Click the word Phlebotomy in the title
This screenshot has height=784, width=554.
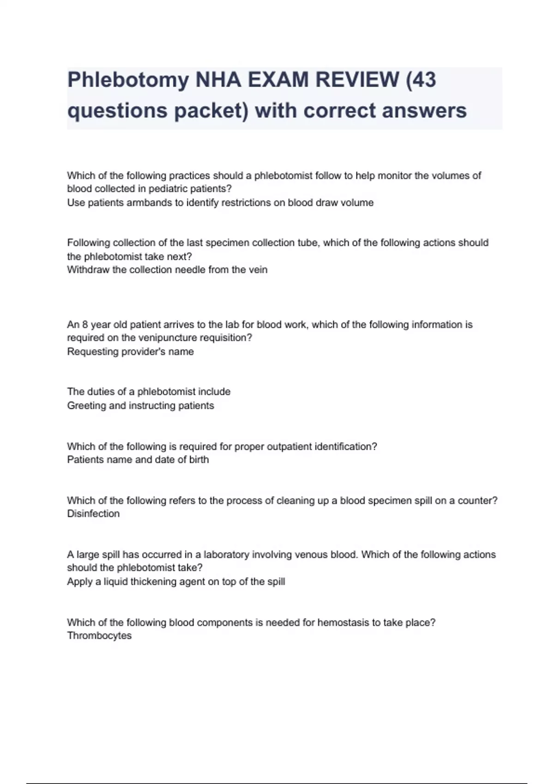coord(128,80)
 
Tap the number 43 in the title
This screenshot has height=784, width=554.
coord(424,79)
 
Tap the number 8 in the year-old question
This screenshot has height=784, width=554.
coord(85,325)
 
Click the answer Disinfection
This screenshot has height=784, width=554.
coord(93,514)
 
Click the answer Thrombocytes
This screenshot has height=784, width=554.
coord(99,636)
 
